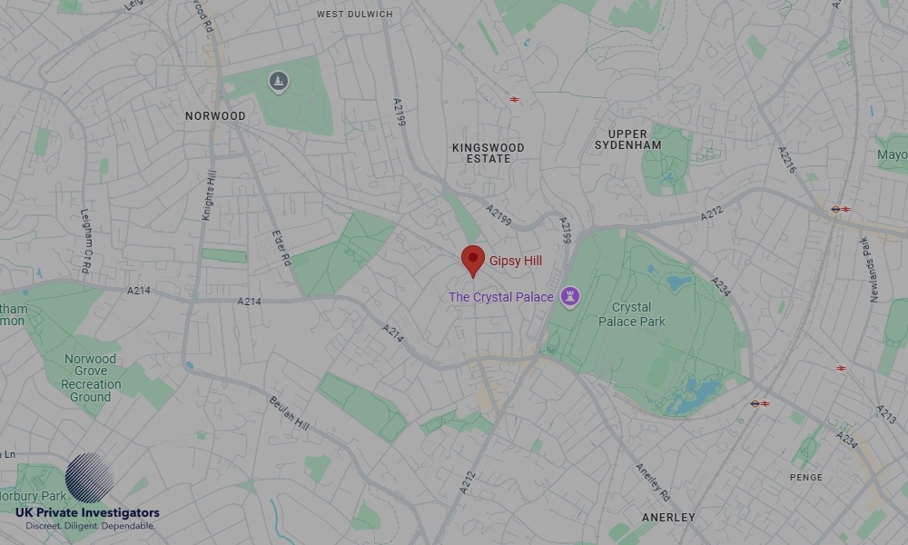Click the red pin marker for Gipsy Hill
tap(472, 260)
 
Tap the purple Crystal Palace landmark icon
tap(569, 296)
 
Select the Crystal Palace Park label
tap(632, 314)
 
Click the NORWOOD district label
tap(215, 116)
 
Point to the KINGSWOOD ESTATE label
tap(489, 153)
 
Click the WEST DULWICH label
tap(355, 15)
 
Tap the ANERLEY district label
tap(668, 518)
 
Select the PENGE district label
tap(806, 478)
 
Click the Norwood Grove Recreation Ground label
tap(90, 378)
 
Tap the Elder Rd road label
tap(281, 246)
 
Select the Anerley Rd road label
tap(652, 482)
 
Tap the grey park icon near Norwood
tap(278, 83)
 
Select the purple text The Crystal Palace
tap(501, 297)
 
